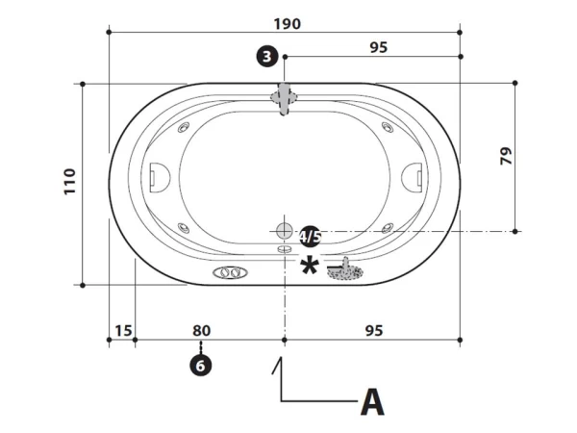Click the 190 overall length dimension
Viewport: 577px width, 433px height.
tap(288, 24)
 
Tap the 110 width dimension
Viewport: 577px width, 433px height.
tap(69, 182)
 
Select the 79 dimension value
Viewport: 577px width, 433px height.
tap(506, 156)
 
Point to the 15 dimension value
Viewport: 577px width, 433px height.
tap(123, 331)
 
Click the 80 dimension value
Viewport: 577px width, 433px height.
tap(202, 331)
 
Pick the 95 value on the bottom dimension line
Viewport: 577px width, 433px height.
tap(374, 331)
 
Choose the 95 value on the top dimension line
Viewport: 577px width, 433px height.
tap(379, 47)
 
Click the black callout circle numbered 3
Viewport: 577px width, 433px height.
tap(267, 57)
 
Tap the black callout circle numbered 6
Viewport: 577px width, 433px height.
tap(201, 366)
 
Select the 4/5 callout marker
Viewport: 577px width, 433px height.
tap(310, 236)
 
